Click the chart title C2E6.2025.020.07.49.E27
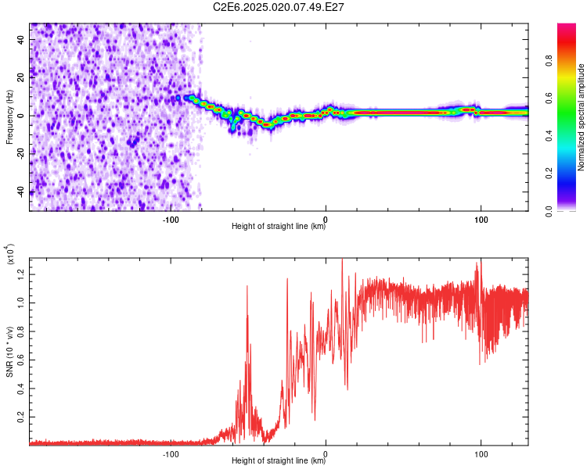[x=278, y=7]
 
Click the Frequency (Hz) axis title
[x=9, y=117]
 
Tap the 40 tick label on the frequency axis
[x=21, y=39]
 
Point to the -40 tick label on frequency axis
[x=21, y=192]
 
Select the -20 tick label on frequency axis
[x=21, y=154]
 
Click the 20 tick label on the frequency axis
[x=21, y=77]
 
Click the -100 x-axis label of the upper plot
[x=171, y=220]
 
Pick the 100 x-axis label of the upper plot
[x=481, y=220]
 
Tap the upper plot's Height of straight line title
[x=279, y=226]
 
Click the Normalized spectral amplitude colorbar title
[x=581, y=117]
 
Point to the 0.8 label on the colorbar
[x=549, y=60]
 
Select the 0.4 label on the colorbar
[x=549, y=135]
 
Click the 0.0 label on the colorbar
[x=549, y=211]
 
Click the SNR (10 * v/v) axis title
[x=9, y=352]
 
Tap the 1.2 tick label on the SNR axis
[x=21, y=274]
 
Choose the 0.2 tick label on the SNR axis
[x=21, y=417]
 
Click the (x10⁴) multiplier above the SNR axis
[x=10, y=253]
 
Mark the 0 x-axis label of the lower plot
[x=326, y=454]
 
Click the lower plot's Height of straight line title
[x=279, y=460]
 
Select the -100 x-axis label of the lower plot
[x=171, y=454]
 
